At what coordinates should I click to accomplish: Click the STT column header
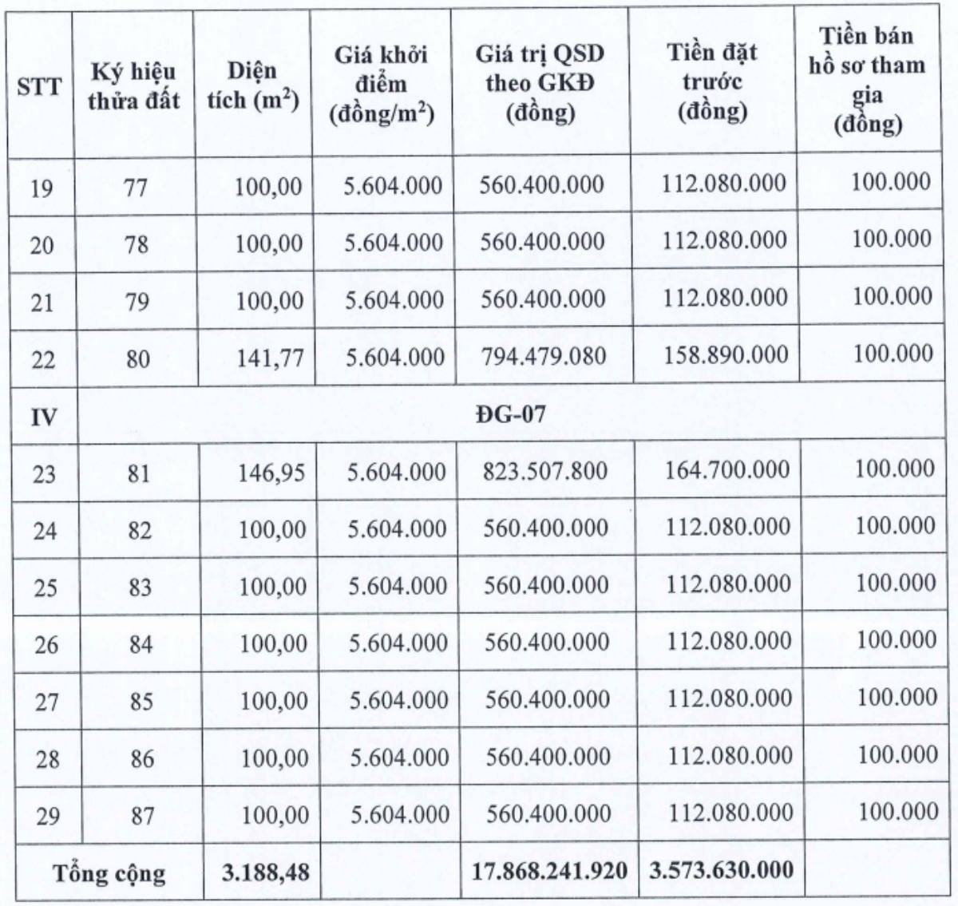(x=39, y=86)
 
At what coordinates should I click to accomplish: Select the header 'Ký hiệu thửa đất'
(x=133, y=86)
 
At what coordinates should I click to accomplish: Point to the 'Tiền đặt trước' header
(x=712, y=82)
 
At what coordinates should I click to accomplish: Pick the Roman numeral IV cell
(x=42, y=416)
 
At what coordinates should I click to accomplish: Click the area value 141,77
(x=269, y=357)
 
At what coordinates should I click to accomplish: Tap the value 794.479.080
(x=542, y=355)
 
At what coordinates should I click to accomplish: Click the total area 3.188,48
(x=261, y=872)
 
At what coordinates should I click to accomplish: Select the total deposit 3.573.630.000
(x=721, y=869)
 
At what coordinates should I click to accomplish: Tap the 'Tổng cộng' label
(x=109, y=873)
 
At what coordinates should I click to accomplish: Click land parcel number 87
(x=142, y=816)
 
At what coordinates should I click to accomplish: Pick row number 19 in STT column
(x=42, y=188)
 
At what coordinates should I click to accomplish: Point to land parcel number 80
(x=137, y=358)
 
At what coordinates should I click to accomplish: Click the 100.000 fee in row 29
(x=898, y=812)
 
